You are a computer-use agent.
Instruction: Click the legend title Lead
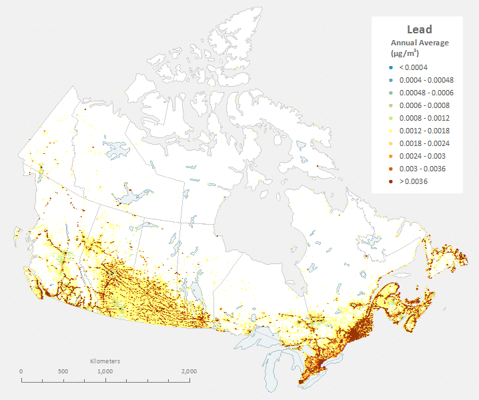420,29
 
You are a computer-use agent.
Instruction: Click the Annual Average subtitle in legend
420,43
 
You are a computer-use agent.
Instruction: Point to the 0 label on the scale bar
21,371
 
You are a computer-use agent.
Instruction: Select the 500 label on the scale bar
63,371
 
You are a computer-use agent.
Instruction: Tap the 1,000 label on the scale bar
105,371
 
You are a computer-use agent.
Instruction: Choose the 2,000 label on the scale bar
189,371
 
